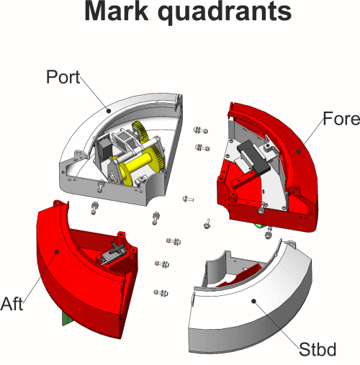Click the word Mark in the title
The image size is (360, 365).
[x=117, y=11]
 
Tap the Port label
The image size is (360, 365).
[x=63, y=77]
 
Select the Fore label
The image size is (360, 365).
[x=341, y=119]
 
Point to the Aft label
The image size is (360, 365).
[x=12, y=304]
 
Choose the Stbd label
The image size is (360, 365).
[x=318, y=349]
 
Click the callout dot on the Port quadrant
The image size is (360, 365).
[x=109, y=111]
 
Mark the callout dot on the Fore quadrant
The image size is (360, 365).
[x=299, y=151]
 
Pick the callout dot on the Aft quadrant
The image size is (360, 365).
[x=57, y=252]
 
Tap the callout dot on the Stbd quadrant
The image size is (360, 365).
[x=254, y=301]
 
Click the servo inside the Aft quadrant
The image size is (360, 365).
[x=113, y=253]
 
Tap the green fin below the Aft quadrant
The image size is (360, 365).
[x=67, y=319]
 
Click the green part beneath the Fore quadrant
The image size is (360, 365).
[x=260, y=226]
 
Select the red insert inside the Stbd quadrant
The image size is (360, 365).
[x=239, y=275]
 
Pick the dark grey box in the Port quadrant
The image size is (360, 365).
[x=104, y=148]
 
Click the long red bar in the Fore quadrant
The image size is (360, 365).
[x=243, y=179]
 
